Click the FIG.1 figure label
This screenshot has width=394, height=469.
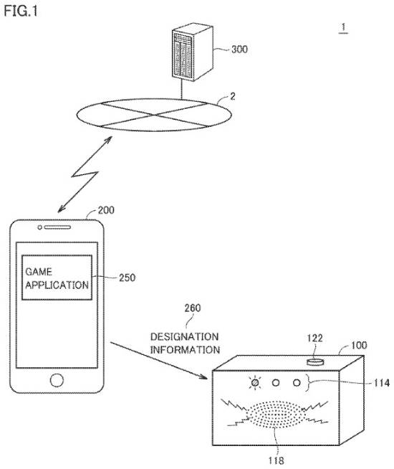21,11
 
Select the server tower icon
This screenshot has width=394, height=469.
193,52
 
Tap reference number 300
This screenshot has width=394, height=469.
239,49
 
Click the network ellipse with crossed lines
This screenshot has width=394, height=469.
154,115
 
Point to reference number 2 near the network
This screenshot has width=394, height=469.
232,96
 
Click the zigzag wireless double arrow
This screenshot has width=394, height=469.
85,174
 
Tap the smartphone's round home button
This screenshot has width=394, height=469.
57,380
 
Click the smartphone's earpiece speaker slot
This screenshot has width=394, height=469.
57,227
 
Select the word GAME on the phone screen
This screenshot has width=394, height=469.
39,272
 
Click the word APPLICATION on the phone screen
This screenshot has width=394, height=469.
57,285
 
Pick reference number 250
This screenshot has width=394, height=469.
127,278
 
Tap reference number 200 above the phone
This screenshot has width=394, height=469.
106,210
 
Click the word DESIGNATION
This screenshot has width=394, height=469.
184,337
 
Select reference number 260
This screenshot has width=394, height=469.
193,308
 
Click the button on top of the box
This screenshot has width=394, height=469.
315,361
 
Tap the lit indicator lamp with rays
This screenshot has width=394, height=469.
255,382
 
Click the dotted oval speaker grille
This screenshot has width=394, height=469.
276,414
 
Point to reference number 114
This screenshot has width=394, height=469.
381,382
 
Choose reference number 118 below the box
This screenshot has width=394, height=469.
276,460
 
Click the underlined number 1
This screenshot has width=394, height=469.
344,28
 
